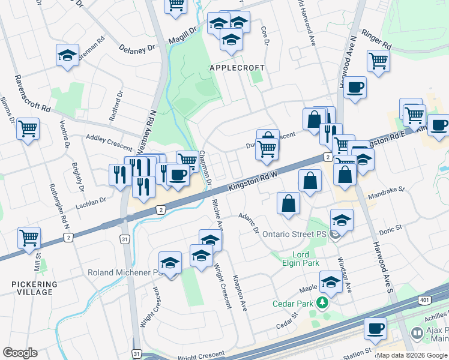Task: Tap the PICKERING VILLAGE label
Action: click(x=34, y=288)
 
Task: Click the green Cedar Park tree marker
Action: click(x=323, y=303)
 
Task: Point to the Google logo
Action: click(x=20, y=353)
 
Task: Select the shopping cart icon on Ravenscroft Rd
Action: click(x=28, y=128)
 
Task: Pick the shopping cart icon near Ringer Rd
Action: click(x=378, y=61)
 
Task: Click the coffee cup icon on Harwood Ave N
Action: click(x=355, y=88)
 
